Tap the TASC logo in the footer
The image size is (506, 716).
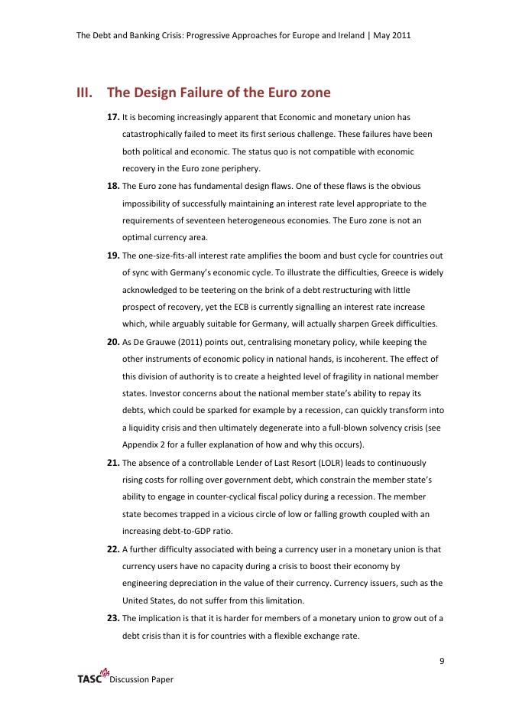coord(91,677)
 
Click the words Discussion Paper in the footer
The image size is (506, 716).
coord(141,679)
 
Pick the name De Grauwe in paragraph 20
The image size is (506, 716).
coord(155,342)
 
